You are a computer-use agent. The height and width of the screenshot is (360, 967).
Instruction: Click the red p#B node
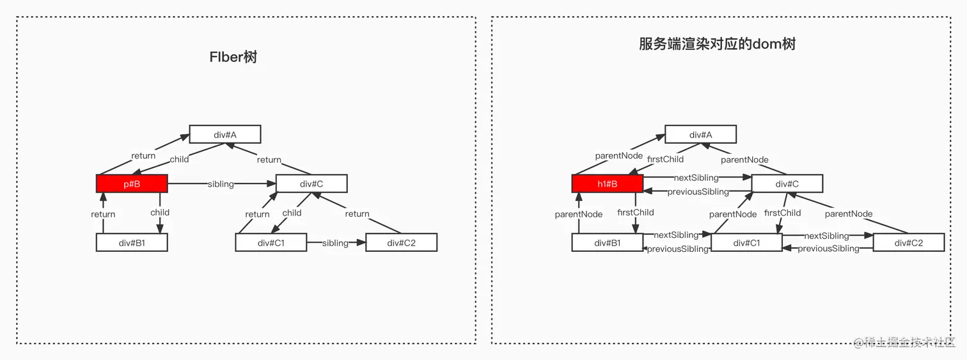132,184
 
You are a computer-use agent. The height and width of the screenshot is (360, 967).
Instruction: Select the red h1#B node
608,184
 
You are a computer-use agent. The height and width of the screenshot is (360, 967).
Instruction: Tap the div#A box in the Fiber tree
225,134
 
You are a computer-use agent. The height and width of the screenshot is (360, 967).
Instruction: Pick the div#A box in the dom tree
701,134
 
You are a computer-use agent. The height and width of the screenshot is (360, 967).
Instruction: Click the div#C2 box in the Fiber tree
401,242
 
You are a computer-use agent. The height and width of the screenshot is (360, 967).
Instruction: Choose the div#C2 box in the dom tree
909,242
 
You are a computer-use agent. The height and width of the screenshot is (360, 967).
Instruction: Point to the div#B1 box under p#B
132,242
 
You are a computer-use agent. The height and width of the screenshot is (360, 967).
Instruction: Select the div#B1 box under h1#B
608,242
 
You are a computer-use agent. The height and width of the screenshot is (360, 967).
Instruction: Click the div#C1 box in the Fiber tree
271,242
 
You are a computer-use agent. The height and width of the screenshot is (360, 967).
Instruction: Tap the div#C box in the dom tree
787,184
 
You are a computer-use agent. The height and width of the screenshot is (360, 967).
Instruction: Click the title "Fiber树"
233,56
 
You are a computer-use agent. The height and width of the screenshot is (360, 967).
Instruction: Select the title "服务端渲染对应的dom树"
717,43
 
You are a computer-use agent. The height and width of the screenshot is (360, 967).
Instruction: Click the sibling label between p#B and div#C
221,184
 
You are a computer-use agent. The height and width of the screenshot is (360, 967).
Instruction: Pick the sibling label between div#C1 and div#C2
335,243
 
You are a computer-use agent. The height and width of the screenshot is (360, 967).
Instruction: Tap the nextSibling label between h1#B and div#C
696,177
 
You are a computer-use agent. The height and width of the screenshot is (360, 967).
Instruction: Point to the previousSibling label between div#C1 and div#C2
828,248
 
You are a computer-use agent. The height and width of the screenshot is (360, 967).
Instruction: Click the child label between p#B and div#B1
160,212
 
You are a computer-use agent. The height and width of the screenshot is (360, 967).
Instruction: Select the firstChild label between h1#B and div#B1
636,212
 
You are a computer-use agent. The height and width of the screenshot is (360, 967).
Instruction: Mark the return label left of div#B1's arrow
103,214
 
